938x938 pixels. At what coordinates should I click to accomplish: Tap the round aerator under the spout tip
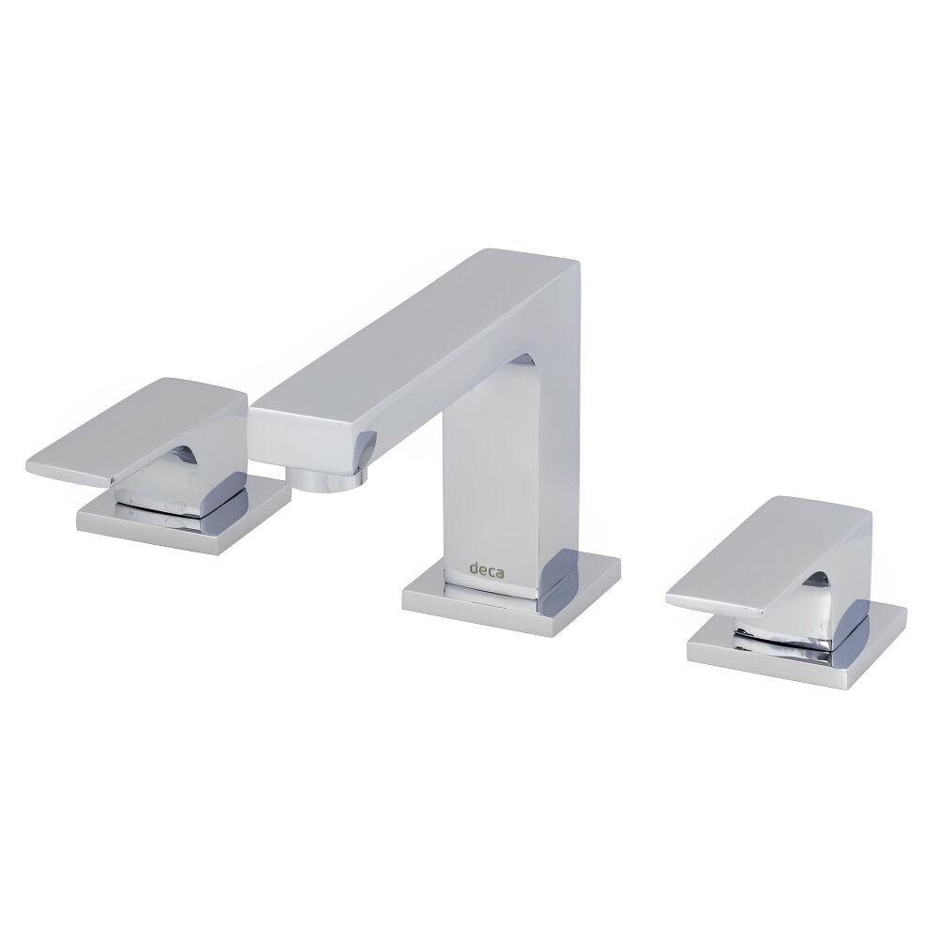(328, 478)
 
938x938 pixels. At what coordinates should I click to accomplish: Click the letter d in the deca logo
(474, 567)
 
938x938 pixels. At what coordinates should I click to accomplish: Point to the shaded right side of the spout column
(563, 450)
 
